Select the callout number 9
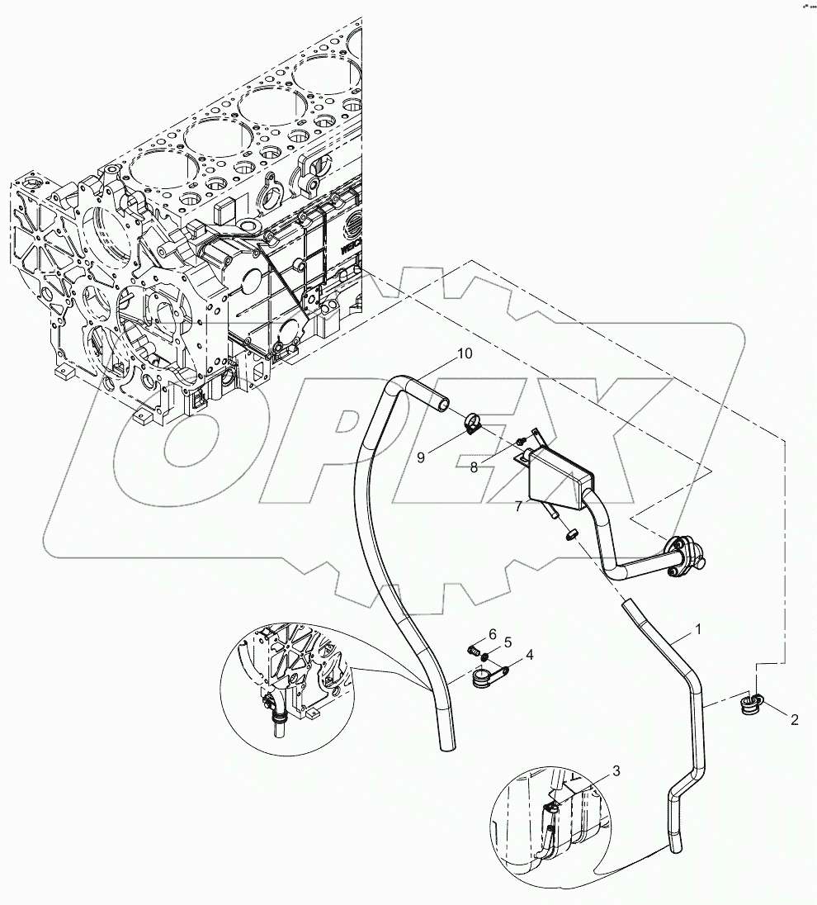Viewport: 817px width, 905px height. pos(420,457)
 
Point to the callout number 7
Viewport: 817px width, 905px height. pos(517,506)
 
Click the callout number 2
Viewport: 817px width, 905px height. pos(795,720)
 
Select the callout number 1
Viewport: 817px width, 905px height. pos(697,629)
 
